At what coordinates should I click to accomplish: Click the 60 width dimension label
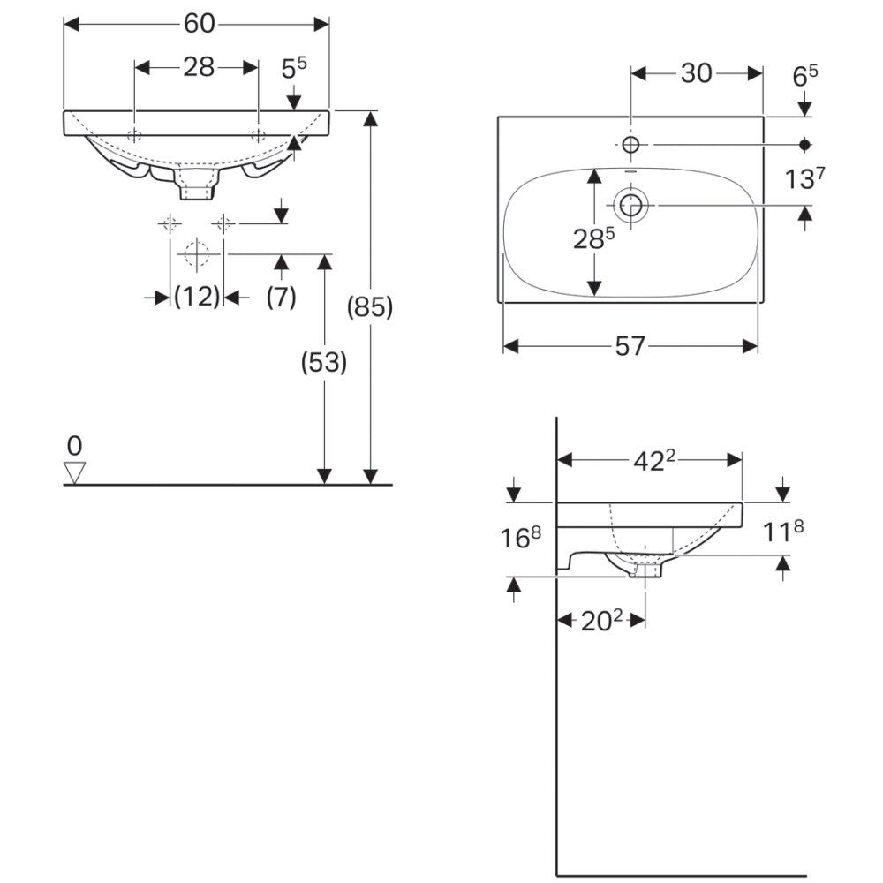click(x=199, y=24)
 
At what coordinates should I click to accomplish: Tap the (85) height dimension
click(x=369, y=307)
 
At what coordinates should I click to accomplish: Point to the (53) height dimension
click(x=324, y=363)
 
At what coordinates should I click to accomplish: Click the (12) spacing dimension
click(x=197, y=296)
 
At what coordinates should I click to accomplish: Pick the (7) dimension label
click(x=281, y=296)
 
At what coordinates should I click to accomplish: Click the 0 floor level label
click(x=74, y=446)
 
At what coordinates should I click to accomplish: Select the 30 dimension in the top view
click(x=697, y=73)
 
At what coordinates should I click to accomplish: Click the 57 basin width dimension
click(x=630, y=346)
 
